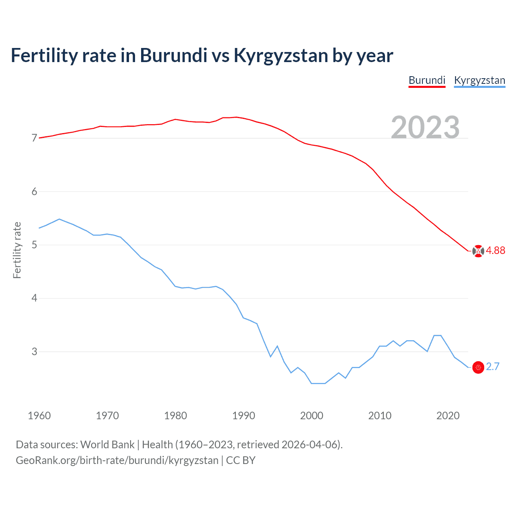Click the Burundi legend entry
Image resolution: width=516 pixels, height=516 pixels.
[x=427, y=80]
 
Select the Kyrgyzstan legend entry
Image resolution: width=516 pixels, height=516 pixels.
[x=479, y=80]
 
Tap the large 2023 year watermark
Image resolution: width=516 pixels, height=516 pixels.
[x=425, y=127]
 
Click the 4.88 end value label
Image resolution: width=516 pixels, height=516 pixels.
[x=495, y=251]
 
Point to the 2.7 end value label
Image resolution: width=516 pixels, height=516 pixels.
[x=493, y=367]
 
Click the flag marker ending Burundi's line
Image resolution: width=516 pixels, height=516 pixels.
[x=478, y=251]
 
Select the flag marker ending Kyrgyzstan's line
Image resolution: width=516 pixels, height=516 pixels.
[x=478, y=367]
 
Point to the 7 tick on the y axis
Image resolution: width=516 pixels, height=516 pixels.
[x=34, y=138]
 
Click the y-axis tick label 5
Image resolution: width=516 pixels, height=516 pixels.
[x=34, y=245]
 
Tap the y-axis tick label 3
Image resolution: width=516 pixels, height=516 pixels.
[x=34, y=352]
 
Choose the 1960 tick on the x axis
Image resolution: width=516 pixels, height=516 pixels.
[x=39, y=416]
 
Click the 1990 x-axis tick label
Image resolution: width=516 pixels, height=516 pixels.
[x=243, y=416]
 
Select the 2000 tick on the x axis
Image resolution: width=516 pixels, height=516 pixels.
[x=312, y=416]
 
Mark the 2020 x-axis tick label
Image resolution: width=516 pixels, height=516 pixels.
[x=448, y=416]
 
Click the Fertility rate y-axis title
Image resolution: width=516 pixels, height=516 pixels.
[x=17, y=250]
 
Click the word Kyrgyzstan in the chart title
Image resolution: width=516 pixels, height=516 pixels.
[x=281, y=56]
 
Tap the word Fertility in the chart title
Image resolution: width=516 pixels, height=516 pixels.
[x=44, y=56]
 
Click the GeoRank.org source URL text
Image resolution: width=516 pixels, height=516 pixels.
[x=117, y=460]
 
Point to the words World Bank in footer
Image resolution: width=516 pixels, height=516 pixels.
[x=107, y=445]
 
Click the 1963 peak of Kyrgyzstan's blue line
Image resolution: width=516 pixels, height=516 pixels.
[x=59, y=219]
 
